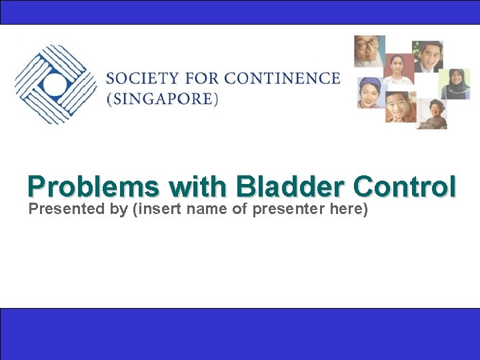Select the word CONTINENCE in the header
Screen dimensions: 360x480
pyautogui.click(x=282, y=78)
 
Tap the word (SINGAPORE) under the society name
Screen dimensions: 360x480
pyautogui.click(x=162, y=99)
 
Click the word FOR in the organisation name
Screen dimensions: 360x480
pyautogui.click(x=203, y=78)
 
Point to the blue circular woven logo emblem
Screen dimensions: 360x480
pyautogui.click(x=55, y=84)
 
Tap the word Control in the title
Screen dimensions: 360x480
pyautogui.click(x=406, y=187)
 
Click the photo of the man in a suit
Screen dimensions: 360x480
pyautogui.click(x=427, y=57)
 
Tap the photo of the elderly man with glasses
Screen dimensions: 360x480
pyautogui.click(x=369, y=51)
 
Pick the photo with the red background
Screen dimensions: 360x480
pyautogui.click(x=398, y=69)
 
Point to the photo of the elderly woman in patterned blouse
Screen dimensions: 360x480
pyautogui.click(x=431, y=114)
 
